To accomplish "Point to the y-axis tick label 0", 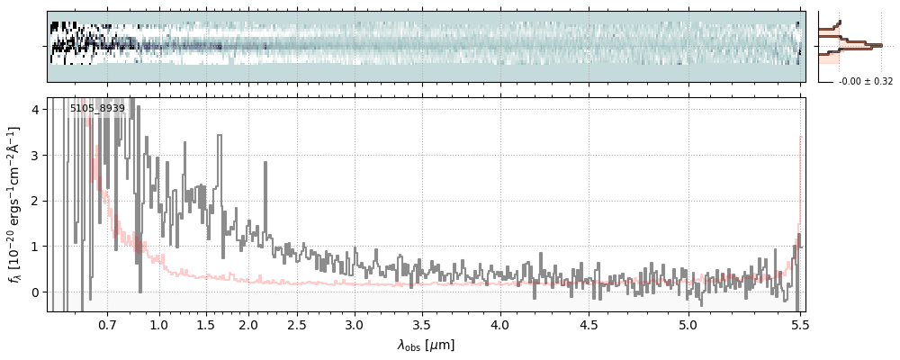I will pyautogui.click(x=36, y=292).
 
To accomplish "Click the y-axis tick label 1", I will pyautogui.click(x=36, y=247).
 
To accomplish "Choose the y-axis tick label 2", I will pyautogui.click(x=36, y=201).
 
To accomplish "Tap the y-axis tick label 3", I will pyautogui.click(x=36, y=156).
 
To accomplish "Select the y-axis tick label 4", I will pyautogui.click(x=36, y=110).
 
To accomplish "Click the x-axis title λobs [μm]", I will pyautogui.click(x=426, y=345).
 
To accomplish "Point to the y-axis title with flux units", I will pyautogui.click(x=15, y=204).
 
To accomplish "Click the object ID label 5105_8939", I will pyautogui.click(x=97, y=109).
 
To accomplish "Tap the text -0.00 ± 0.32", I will pyautogui.click(x=866, y=82).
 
